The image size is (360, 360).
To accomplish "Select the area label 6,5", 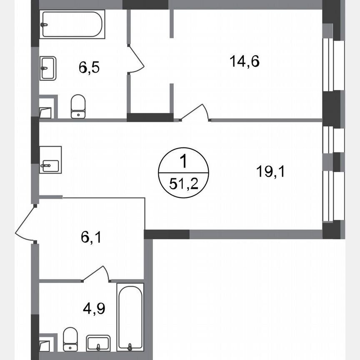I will click(89, 67).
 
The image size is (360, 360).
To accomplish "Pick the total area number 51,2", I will click(183, 183).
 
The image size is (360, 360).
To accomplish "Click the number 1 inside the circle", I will click(183, 160).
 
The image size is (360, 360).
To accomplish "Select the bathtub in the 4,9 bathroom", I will click(130, 316).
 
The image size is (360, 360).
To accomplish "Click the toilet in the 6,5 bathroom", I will click(78, 107).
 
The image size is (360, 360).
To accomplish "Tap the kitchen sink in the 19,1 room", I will click(50, 160).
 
